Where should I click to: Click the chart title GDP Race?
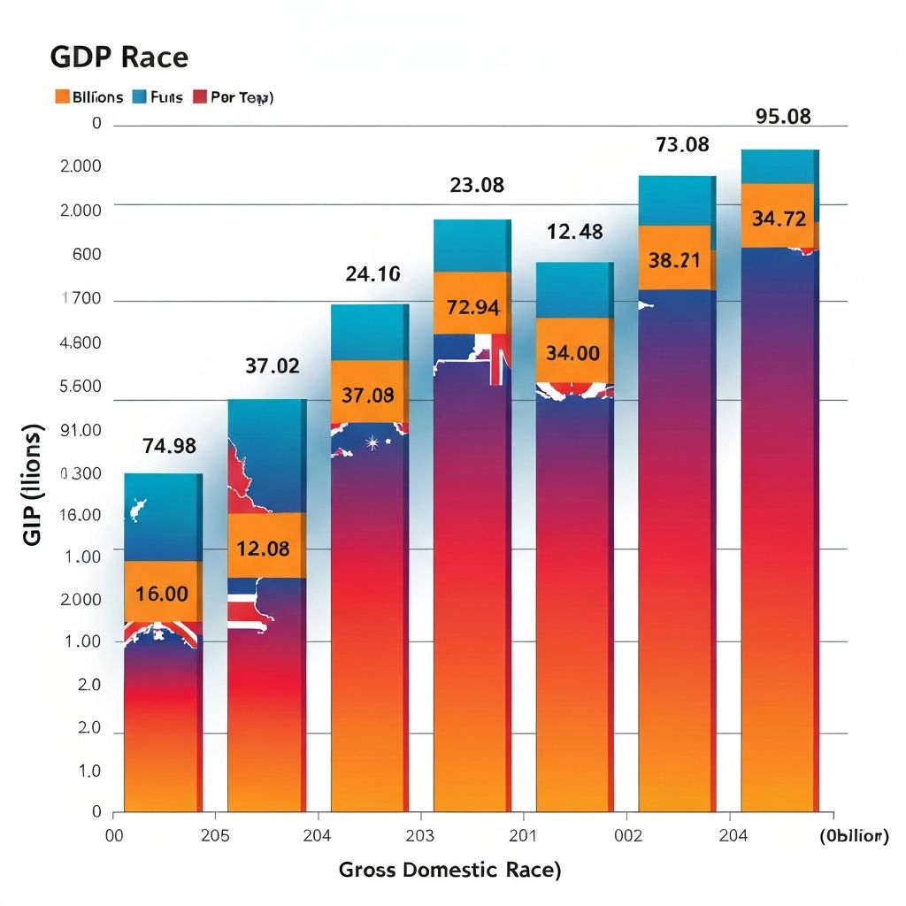click(x=119, y=58)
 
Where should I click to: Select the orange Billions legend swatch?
click(x=62, y=97)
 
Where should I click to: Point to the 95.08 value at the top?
click(x=783, y=116)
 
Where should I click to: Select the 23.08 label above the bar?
click(x=477, y=185)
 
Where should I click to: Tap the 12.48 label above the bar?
click(x=575, y=232)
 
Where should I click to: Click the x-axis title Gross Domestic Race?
click(x=449, y=870)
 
